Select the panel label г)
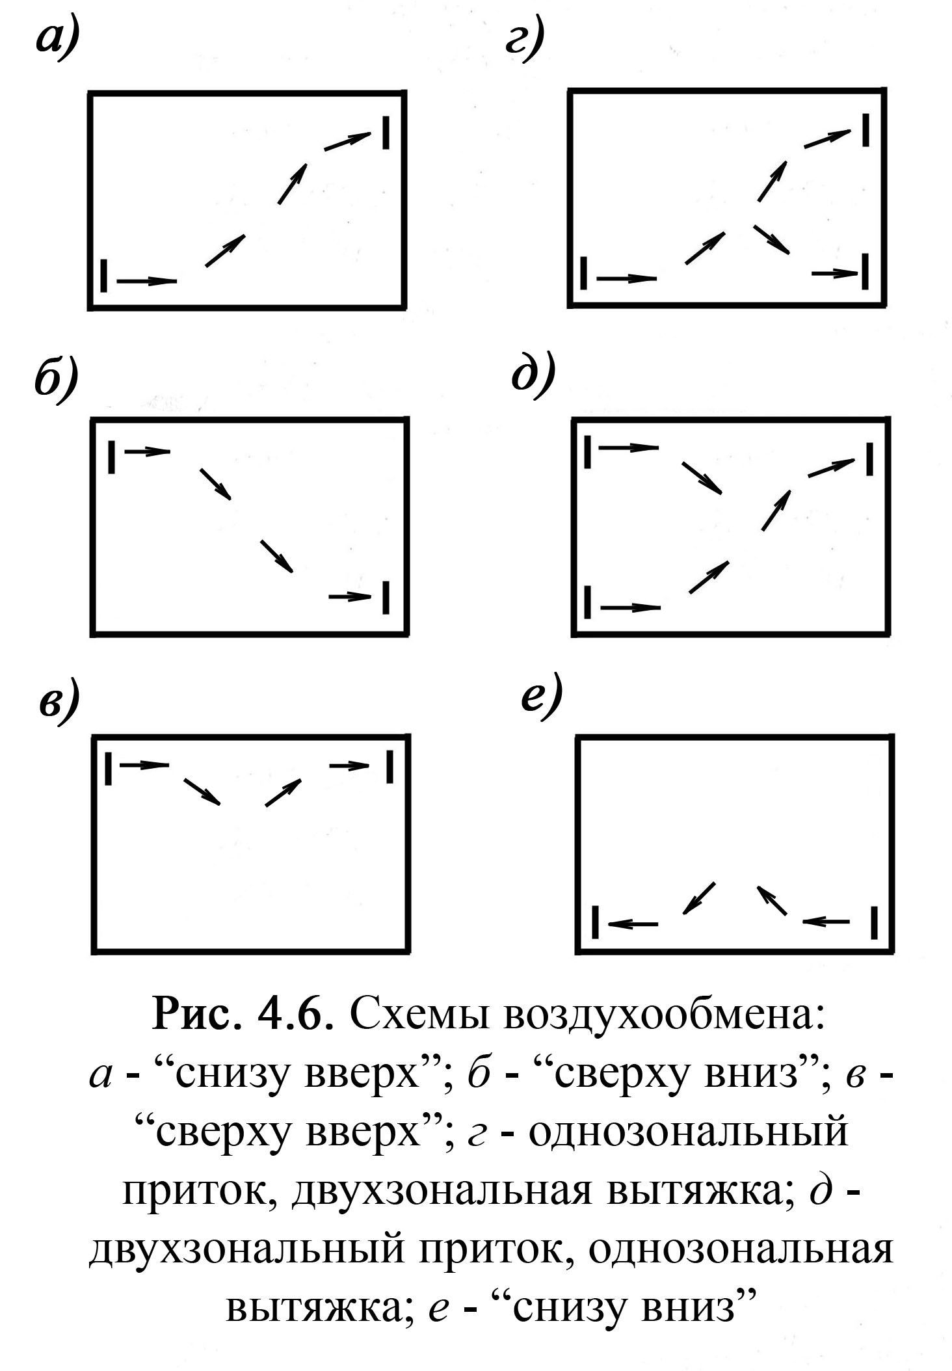[x=524, y=42]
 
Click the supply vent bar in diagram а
[x=104, y=275]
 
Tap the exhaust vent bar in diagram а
[x=386, y=132]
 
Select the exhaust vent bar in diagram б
[x=386, y=596]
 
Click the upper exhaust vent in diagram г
[x=866, y=129]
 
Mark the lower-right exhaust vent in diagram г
[x=866, y=272]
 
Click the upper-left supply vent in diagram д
[x=588, y=451]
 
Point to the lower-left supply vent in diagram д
[x=588, y=602]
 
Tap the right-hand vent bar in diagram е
[x=875, y=922]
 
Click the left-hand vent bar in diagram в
[x=109, y=768]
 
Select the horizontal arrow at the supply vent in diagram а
[x=147, y=281]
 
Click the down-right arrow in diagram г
[x=771, y=239]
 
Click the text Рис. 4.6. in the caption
[x=238, y=1015]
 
